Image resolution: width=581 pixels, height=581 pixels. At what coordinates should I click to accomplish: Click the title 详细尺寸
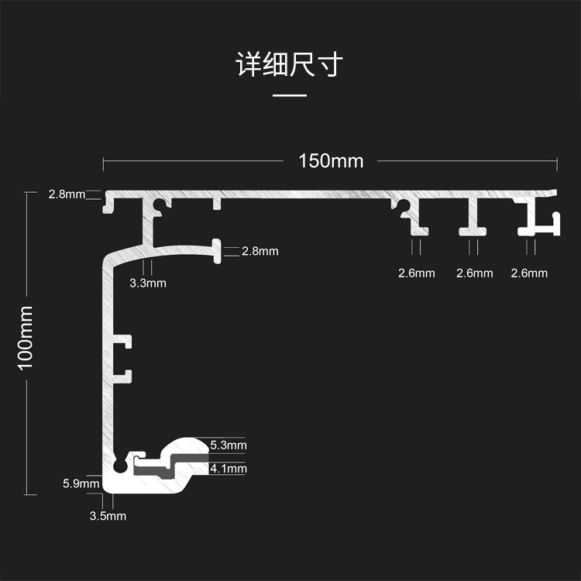[290, 65]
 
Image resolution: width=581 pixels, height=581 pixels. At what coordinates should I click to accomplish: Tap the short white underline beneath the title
[290, 95]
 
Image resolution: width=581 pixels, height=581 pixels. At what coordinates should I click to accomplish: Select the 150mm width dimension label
[331, 161]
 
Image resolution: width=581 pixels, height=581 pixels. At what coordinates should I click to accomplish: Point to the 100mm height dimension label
[26, 337]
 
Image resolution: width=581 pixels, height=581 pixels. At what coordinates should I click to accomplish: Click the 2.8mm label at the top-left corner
[66, 194]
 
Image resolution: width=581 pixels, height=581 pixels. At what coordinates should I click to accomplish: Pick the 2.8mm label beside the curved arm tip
[260, 251]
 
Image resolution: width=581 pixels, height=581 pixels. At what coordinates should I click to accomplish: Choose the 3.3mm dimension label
[147, 283]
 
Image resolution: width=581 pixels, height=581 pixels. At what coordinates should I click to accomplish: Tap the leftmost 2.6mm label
[416, 273]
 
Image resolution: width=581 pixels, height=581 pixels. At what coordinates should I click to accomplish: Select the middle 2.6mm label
[474, 273]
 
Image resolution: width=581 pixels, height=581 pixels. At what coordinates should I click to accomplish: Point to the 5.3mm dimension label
[229, 445]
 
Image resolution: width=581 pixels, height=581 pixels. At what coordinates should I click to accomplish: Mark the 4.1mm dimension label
[229, 468]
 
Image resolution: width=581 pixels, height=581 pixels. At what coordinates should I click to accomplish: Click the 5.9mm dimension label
[81, 484]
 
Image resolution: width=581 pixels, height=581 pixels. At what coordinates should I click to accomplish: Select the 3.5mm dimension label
[108, 516]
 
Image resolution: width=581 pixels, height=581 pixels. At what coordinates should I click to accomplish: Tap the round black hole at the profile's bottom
[119, 467]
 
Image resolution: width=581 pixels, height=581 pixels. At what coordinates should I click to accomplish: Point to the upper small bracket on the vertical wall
[124, 341]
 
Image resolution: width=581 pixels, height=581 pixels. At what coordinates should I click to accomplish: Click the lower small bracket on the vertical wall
[124, 376]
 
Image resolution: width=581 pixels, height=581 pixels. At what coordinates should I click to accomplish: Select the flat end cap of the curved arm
[216, 250]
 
